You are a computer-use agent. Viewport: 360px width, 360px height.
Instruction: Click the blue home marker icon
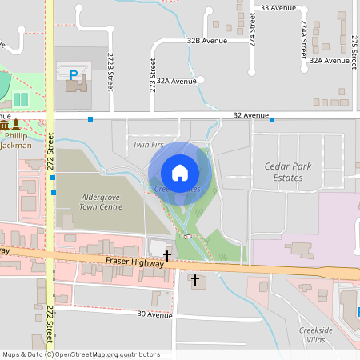point(180,172)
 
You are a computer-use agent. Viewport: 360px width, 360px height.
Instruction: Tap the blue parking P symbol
point(74,75)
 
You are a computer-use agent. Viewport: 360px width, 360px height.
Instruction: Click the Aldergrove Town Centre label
point(101,202)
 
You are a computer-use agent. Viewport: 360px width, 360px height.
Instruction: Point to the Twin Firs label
point(148,145)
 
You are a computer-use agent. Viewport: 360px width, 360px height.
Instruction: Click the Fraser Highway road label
point(134,262)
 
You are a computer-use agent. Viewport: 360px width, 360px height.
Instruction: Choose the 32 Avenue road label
point(250,115)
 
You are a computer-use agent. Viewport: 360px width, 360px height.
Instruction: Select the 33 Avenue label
point(278,7)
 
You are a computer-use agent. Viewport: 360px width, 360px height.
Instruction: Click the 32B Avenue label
point(206,40)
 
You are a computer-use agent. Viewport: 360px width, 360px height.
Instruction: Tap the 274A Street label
point(304,40)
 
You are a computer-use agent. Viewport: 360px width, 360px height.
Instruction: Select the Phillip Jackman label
point(17,141)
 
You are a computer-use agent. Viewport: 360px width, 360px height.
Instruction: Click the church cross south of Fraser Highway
point(194,280)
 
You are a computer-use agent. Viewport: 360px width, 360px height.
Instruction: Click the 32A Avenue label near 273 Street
point(176,81)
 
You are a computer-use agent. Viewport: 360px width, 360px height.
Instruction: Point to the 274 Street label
point(252,29)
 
